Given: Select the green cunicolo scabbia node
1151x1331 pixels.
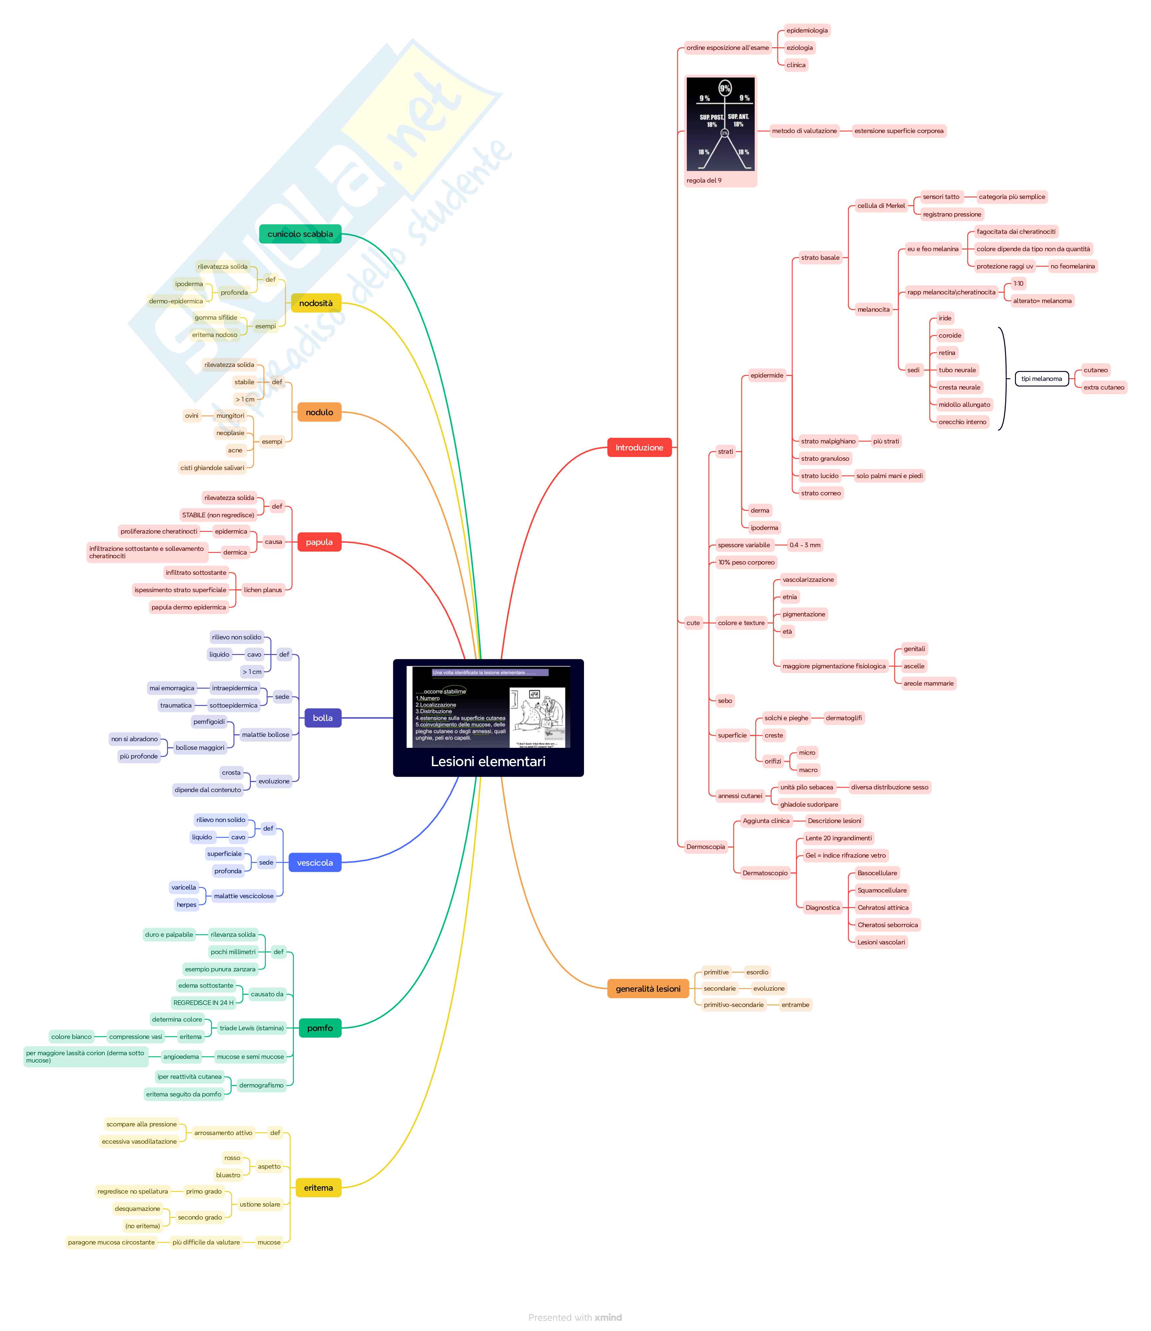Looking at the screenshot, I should click(300, 234).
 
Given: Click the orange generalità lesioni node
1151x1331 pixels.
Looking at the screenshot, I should click(648, 989).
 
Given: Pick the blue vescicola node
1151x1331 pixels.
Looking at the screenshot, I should click(315, 863).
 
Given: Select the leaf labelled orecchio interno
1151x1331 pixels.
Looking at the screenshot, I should click(962, 422).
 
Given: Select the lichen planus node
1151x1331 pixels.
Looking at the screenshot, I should click(263, 590).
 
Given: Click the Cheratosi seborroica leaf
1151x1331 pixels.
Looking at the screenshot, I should click(887, 925).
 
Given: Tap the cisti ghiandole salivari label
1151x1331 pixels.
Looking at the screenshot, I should click(212, 468).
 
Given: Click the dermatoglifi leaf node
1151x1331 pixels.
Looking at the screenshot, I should click(844, 718).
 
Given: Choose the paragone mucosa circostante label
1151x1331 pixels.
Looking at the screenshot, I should click(111, 1243).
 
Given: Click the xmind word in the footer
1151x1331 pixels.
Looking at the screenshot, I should click(608, 1317).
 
